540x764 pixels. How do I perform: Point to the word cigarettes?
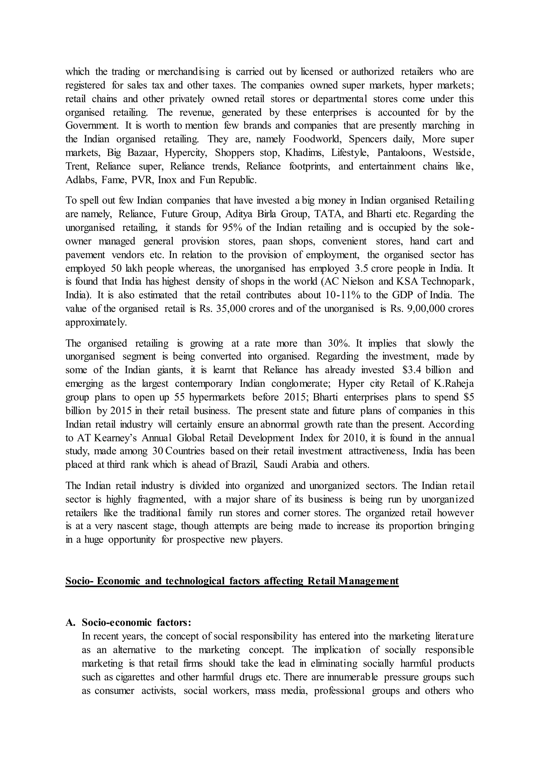135,677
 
